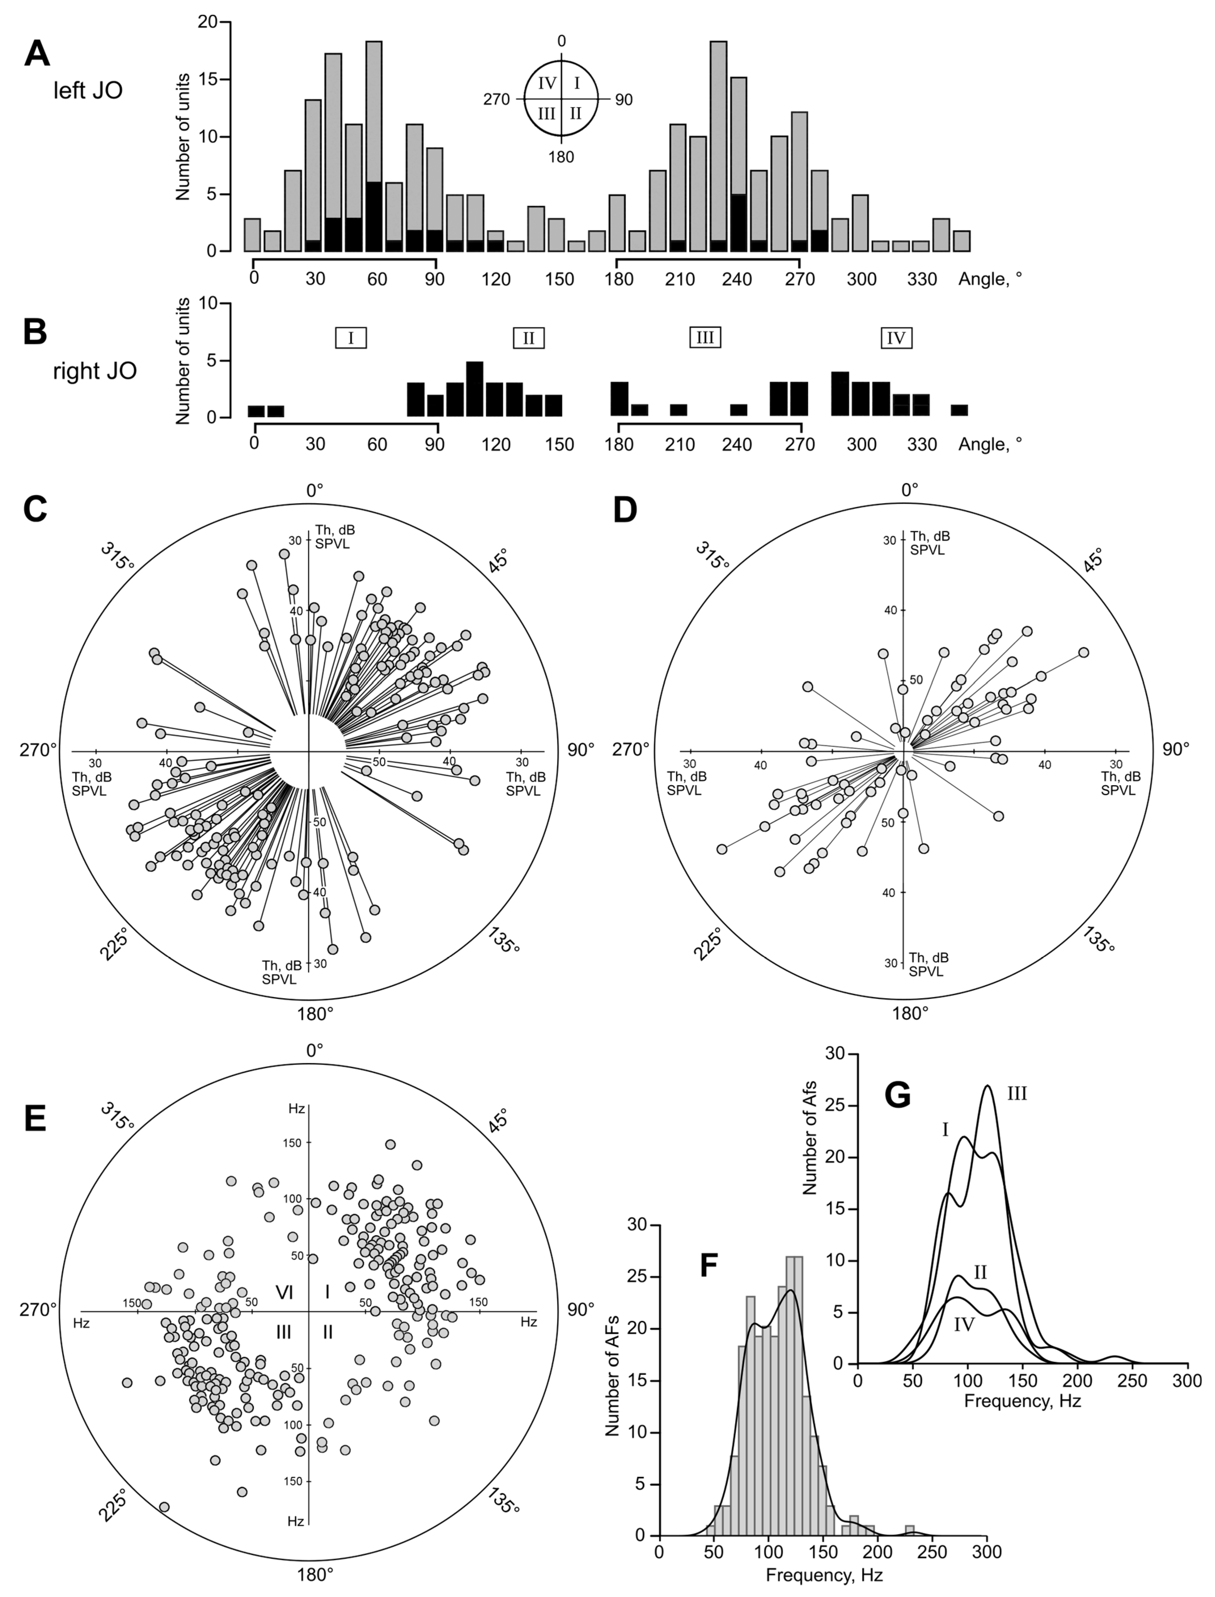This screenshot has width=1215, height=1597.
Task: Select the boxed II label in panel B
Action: [x=529, y=338]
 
